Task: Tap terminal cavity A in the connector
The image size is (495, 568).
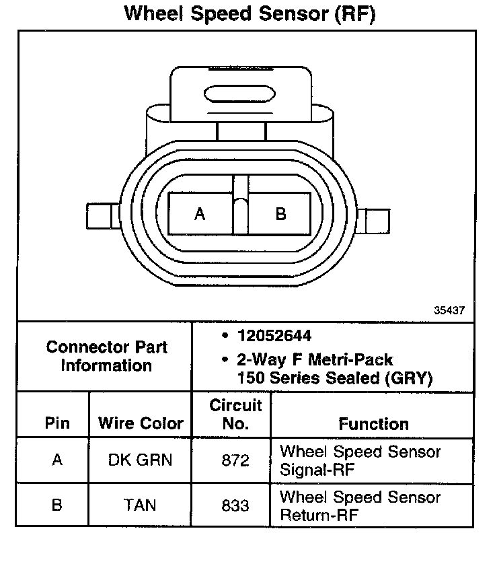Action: click(200, 214)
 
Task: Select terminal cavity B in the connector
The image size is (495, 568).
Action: click(281, 214)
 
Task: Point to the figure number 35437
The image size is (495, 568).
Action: click(450, 310)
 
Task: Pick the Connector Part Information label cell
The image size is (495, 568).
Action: click(106, 357)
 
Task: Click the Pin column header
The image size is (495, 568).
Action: click(56, 423)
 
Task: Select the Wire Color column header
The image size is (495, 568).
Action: click(141, 423)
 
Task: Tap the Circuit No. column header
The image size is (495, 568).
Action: click(235, 415)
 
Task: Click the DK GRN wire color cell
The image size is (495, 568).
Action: click(141, 460)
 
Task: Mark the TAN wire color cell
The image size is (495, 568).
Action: click(141, 505)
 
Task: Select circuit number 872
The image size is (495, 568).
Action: click(235, 460)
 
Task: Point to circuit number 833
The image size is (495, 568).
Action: click(235, 505)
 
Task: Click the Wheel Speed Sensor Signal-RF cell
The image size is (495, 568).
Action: click(360, 460)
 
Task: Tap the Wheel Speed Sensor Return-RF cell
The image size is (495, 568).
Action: click(360, 506)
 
